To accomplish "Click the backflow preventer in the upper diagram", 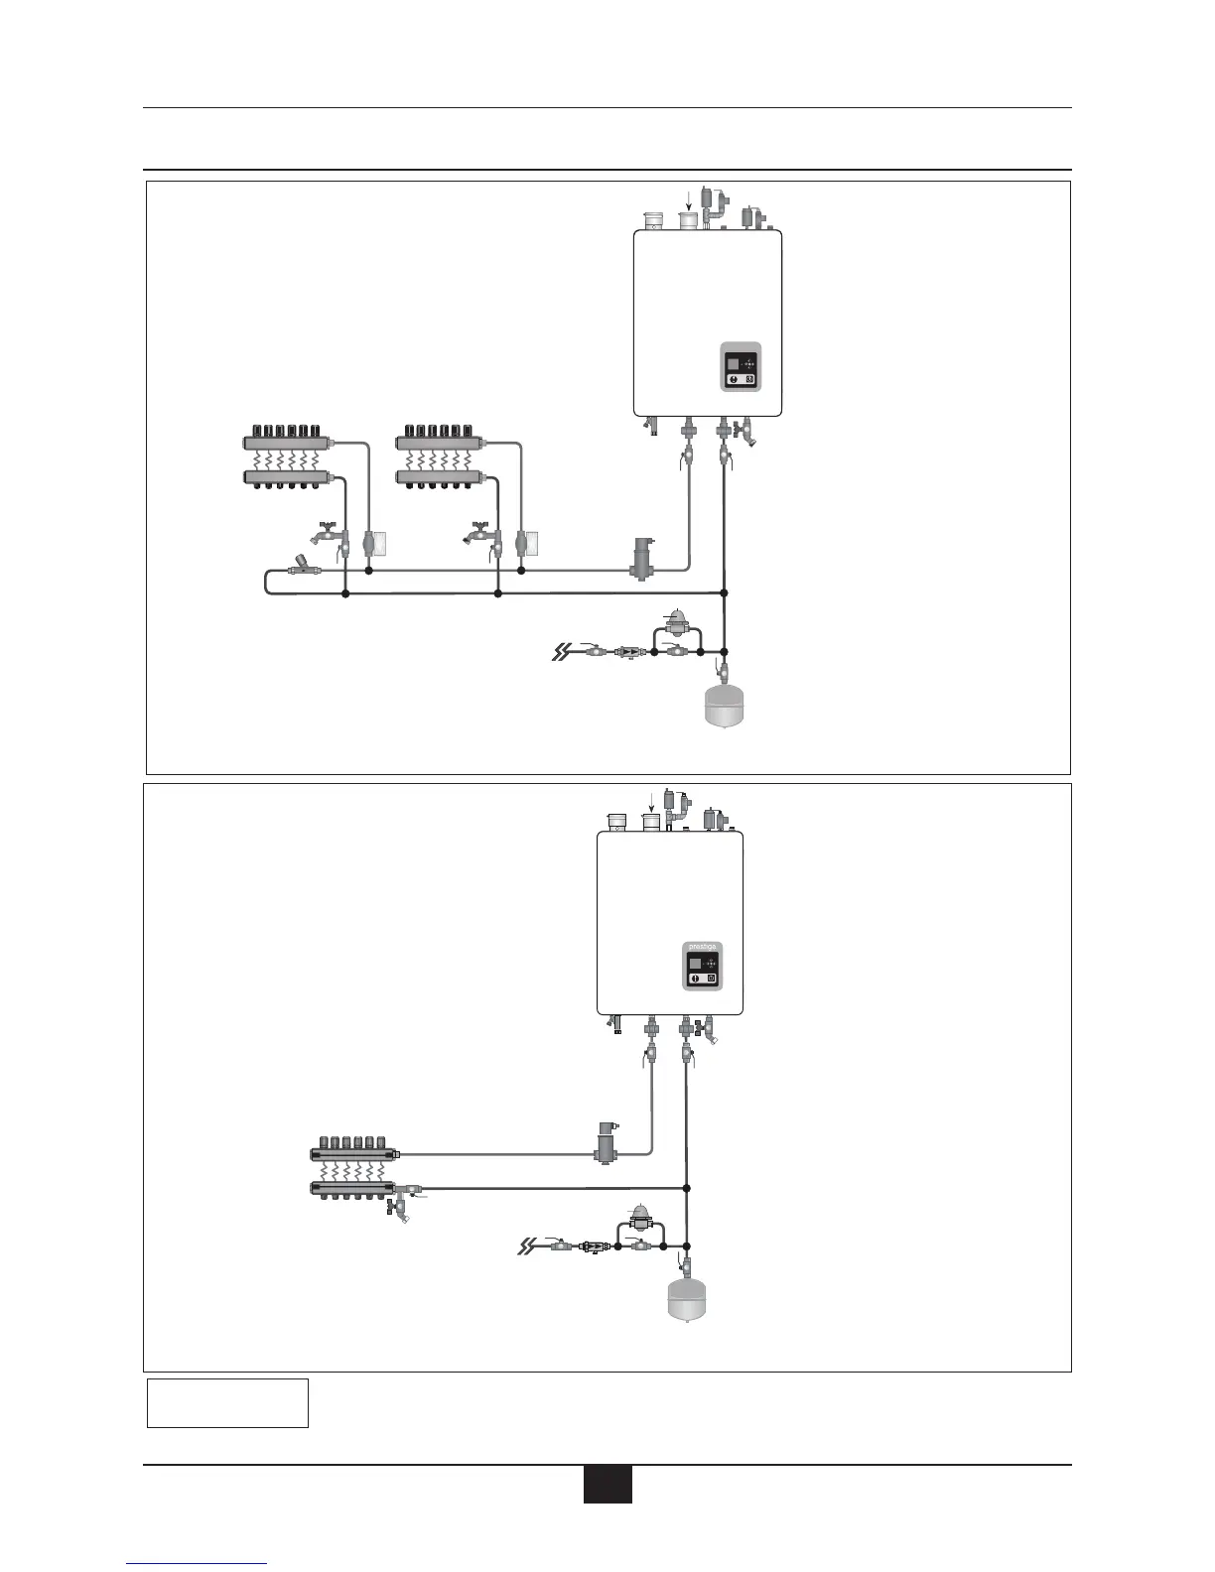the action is (628, 652).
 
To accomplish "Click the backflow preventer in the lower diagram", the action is (592, 1245).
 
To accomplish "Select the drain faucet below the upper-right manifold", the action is (479, 533).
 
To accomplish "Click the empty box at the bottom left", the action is (227, 1402).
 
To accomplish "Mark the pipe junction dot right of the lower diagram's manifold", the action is (687, 1188).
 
